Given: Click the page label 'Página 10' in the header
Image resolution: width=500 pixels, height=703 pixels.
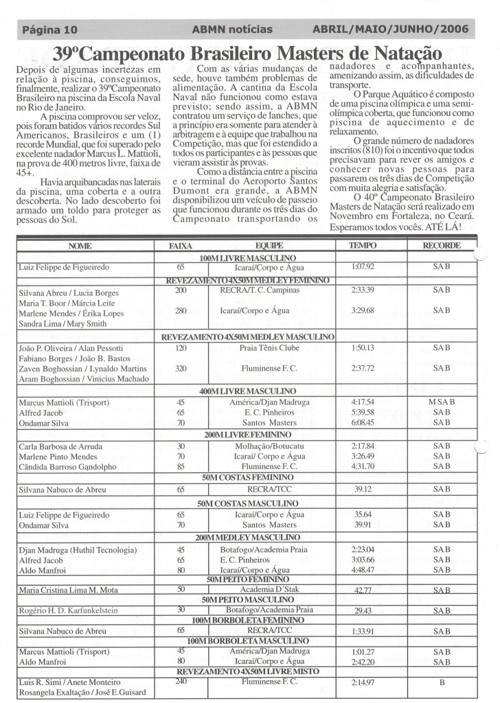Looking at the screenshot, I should pyautogui.click(x=49, y=30).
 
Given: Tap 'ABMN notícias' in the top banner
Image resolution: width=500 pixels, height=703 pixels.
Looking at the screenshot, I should pyautogui.click(x=232, y=30).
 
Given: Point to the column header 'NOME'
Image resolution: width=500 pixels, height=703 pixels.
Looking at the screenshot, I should pyautogui.click(x=80, y=245).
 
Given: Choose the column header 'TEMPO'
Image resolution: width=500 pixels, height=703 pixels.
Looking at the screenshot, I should pyautogui.click(x=362, y=245).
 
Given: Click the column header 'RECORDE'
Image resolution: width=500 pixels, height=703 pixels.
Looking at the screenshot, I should pyautogui.click(x=441, y=245).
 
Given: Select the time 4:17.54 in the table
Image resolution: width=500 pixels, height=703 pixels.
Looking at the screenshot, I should pyautogui.click(x=362, y=402).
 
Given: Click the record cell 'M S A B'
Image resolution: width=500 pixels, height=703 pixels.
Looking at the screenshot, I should pyautogui.click(x=441, y=402).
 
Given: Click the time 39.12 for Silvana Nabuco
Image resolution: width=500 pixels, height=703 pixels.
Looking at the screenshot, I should pyautogui.click(x=362, y=489).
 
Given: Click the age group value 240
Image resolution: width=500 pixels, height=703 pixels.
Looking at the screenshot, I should pyautogui.click(x=181, y=682).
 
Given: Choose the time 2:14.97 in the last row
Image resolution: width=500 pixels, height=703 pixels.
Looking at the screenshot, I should pyautogui.click(x=362, y=684).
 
